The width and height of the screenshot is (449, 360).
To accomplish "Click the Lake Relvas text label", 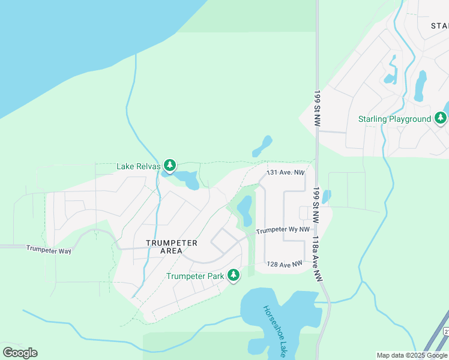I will coord(139,166).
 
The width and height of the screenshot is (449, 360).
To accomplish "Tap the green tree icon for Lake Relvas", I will coord(170,164).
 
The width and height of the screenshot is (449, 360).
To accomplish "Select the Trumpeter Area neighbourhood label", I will coord(172,247).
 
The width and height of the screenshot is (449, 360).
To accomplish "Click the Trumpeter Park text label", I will coord(195,276).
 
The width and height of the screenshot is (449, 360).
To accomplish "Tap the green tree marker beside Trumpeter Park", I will coord(233,275).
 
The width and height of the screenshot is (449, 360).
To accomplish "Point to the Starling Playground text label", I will coord(394,119).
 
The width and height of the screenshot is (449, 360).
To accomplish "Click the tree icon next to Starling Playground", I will coord(441,118).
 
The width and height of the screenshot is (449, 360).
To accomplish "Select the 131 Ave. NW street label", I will coord(286,172).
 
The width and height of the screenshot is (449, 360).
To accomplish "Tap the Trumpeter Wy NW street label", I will coord(283,230).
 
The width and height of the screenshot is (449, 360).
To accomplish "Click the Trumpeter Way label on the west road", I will coord(49,249).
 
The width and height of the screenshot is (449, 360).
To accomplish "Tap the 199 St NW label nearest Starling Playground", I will coord(316,108).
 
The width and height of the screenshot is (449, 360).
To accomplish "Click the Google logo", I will coord(20,353).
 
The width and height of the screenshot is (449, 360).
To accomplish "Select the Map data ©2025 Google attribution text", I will coord(412,355).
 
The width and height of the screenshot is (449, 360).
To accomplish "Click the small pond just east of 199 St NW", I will coord(326,196).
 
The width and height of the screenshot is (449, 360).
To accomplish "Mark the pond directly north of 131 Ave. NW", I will coord(262,145).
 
